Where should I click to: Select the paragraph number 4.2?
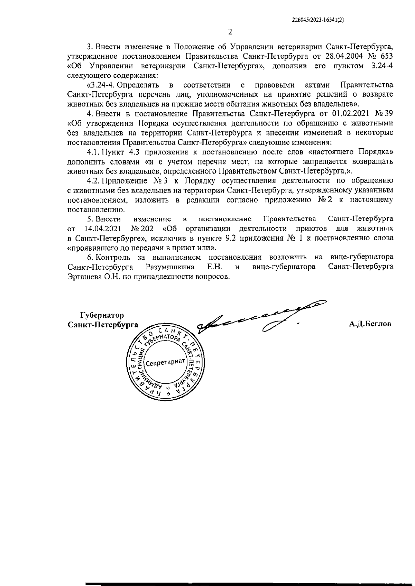[x=94, y=180]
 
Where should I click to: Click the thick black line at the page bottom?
[x=249, y=583]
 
